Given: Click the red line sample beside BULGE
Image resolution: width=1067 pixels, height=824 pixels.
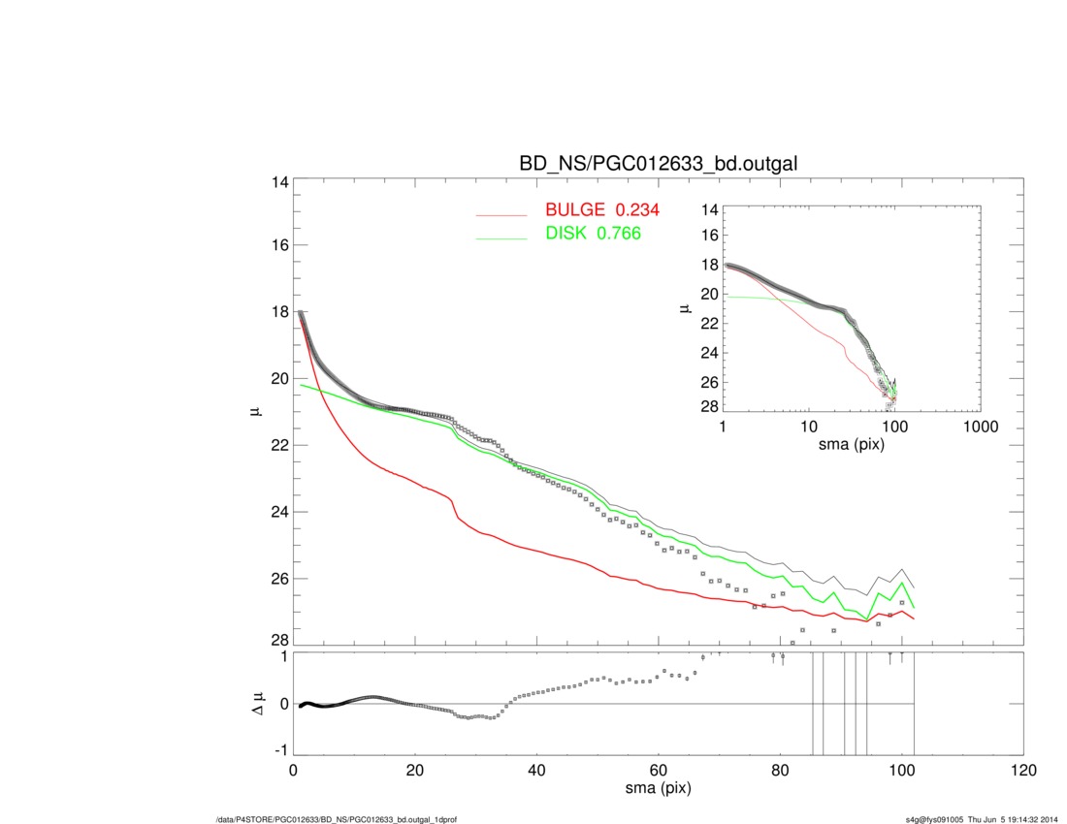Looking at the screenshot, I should tap(501, 214).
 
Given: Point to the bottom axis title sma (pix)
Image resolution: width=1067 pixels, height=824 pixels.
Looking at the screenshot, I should tap(659, 789).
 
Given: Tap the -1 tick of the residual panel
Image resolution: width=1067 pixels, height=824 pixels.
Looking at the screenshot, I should tap(277, 750).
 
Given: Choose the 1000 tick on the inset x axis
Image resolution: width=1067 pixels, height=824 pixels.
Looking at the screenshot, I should tap(980, 428).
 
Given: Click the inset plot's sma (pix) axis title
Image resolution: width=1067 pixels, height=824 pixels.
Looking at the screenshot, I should tap(852, 444).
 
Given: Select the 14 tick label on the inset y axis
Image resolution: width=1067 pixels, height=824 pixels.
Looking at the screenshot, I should tap(708, 209).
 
